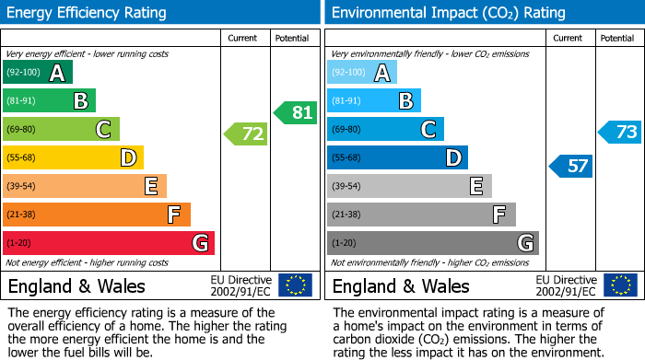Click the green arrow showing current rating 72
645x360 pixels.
point(246,134)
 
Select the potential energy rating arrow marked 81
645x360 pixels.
point(295,112)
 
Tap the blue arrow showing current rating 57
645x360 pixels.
point(570,167)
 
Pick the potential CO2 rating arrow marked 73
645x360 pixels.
point(619,132)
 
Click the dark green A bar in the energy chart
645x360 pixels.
point(38,73)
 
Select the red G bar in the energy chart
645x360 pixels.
point(109,243)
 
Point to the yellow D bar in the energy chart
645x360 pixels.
point(74,158)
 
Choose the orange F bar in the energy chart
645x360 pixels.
point(97,215)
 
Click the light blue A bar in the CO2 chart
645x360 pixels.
point(362,73)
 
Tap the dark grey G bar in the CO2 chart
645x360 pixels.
point(433,243)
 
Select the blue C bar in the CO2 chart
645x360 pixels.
point(385,130)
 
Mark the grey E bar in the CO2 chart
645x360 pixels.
point(409,186)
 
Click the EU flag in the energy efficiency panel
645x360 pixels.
point(295,285)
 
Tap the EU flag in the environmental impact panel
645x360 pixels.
point(619,285)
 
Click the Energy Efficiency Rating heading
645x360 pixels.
point(88,13)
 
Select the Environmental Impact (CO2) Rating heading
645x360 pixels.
point(448,13)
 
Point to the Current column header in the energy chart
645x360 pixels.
point(244,38)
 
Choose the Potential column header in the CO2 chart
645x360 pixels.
point(617,38)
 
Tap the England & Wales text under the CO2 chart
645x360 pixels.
point(401,285)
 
